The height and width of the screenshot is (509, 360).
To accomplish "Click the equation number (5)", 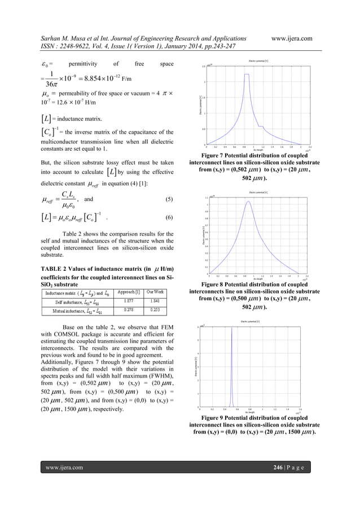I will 169,199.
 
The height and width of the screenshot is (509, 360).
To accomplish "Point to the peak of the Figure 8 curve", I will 248,201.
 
